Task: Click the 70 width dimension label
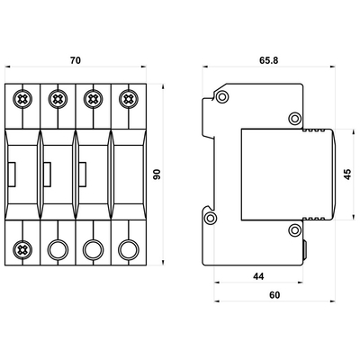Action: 76,60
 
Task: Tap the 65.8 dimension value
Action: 269,60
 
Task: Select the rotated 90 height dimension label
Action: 157,175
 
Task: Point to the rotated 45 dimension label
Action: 347,175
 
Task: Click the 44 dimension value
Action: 258,276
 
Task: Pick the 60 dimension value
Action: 274,295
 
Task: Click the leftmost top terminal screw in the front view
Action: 22,99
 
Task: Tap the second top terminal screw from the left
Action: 58,99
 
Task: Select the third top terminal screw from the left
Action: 94,99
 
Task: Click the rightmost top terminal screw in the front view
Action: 129,99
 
